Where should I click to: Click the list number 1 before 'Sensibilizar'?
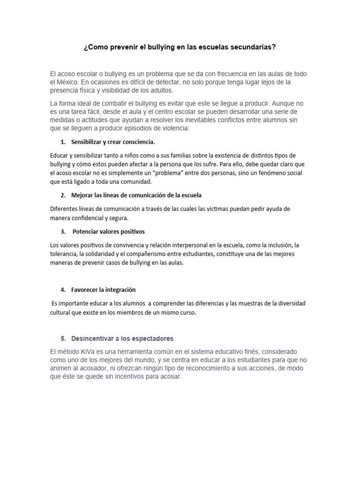coord(63,142)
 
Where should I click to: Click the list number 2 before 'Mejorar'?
coord(63,195)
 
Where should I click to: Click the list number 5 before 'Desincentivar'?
coord(63,338)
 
